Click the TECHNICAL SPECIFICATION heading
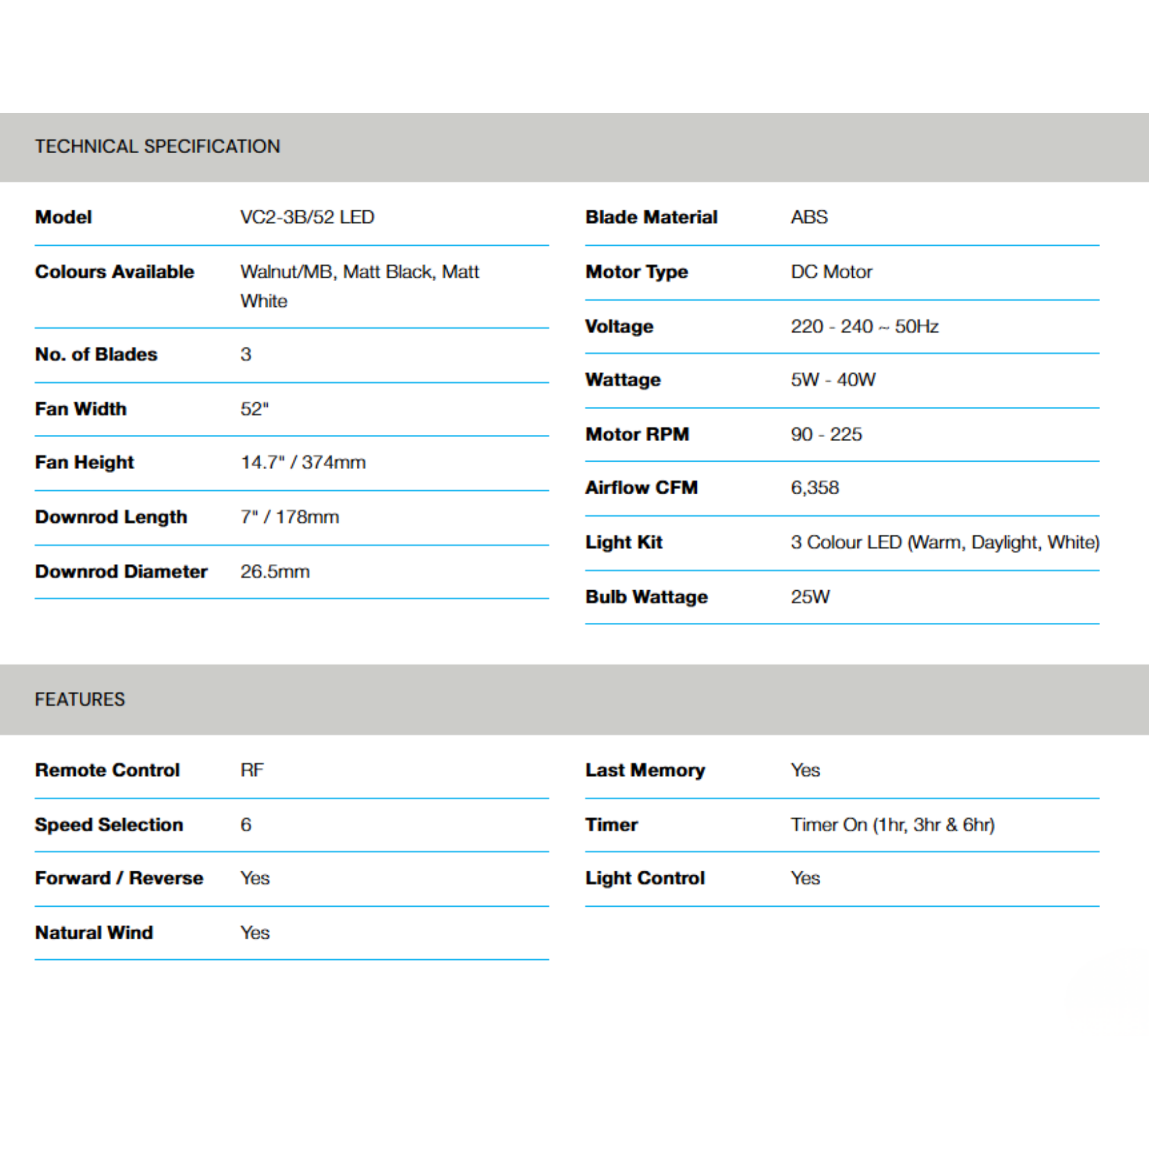[157, 146]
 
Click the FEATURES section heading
[80, 699]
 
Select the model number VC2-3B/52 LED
[307, 217]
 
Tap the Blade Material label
[651, 217]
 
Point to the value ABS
[809, 217]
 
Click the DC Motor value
[831, 272]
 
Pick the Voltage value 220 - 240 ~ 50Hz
[864, 327]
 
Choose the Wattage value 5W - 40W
[833, 379]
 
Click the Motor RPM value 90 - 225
[826, 434]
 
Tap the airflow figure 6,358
[815, 488]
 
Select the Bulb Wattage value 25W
[810, 596]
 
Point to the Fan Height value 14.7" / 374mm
[303, 462]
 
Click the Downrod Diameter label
[121, 572]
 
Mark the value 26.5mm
[275, 572]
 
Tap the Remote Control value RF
[251, 770]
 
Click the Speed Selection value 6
[246, 824]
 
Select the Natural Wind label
[94, 932]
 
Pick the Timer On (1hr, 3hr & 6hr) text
[892, 824]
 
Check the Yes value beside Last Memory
[805, 770]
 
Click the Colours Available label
[115, 272]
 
